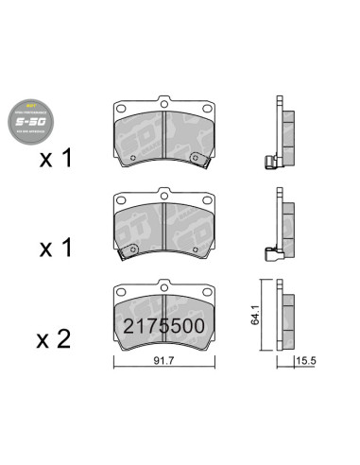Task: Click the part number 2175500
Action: [x=163, y=327]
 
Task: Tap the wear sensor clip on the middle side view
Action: [x=271, y=253]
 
